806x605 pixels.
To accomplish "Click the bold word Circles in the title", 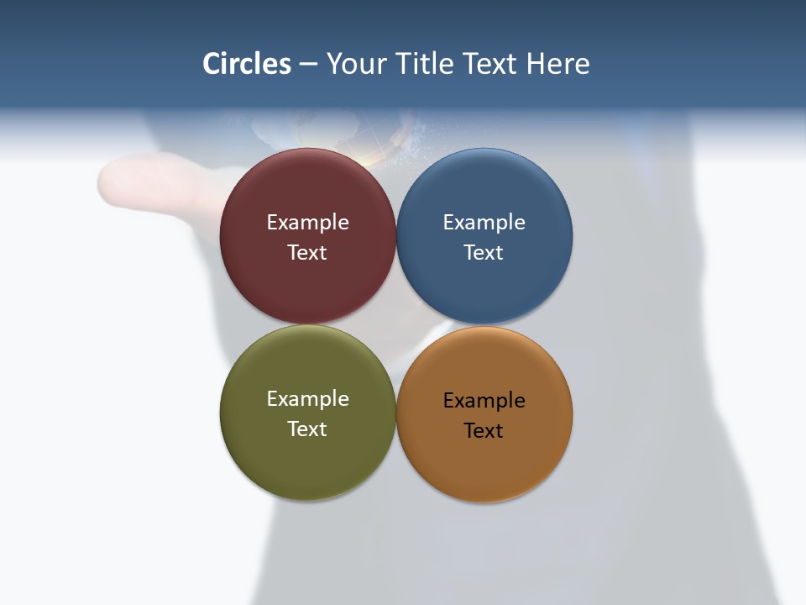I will point(247,64).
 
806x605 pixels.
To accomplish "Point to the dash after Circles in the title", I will point(308,65).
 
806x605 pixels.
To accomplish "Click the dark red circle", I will point(307,189).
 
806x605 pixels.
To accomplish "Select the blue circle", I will point(484,189).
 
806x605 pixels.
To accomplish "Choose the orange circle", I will point(484,466).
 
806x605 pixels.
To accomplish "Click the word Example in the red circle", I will point(307,223).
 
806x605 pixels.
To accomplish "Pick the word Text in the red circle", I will point(307,253).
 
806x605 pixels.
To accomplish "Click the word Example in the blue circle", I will point(484,223).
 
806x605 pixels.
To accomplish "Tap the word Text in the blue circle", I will point(484,253).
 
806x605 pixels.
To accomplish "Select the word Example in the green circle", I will point(307,399).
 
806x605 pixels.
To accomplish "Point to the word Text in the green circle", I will point(307,429).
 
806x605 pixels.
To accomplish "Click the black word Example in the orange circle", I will point(484,401).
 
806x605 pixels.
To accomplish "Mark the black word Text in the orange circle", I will point(484,431).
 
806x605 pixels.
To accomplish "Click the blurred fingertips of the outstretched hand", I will point(118,178).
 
